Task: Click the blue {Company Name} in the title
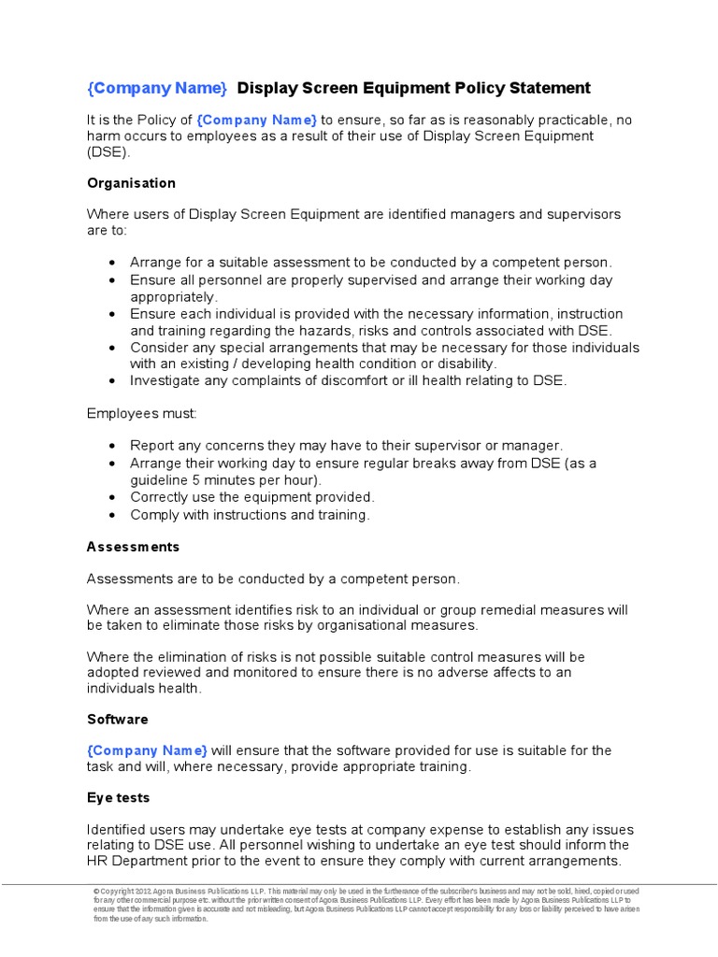(x=157, y=89)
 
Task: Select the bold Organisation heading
(x=131, y=183)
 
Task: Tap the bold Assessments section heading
(x=133, y=547)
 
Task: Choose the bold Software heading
(x=118, y=720)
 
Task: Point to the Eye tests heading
(x=119, y=798)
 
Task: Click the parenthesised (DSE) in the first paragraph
(x=109, y=152)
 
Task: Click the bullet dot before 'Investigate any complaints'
(x=112, y=381)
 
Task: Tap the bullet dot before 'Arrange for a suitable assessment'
(x=112, y=264)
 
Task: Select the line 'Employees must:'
(x=142, y=413)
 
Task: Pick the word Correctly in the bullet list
(x=160, y=497)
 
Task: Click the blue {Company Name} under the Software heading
(x=148, y=750)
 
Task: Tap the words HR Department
(x=139, y=861)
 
